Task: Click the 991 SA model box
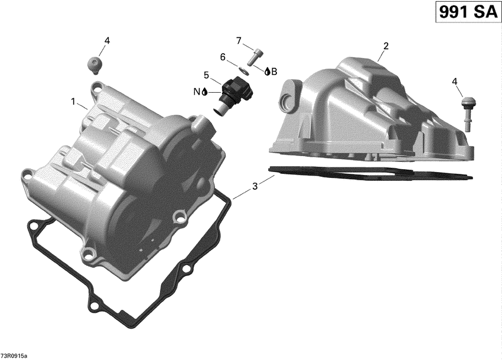[466, 12]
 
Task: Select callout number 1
[73, 102]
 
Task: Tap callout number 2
[386, 46]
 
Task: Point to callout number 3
[255, 186]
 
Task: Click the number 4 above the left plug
[107, 40]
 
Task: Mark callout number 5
[206, 75]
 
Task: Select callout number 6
[223, 57]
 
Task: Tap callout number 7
[239, 40]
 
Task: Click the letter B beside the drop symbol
[274, 72]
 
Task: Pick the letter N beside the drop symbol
[197, 92]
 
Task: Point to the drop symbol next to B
[267, 72]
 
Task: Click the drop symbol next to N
[204, 92]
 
